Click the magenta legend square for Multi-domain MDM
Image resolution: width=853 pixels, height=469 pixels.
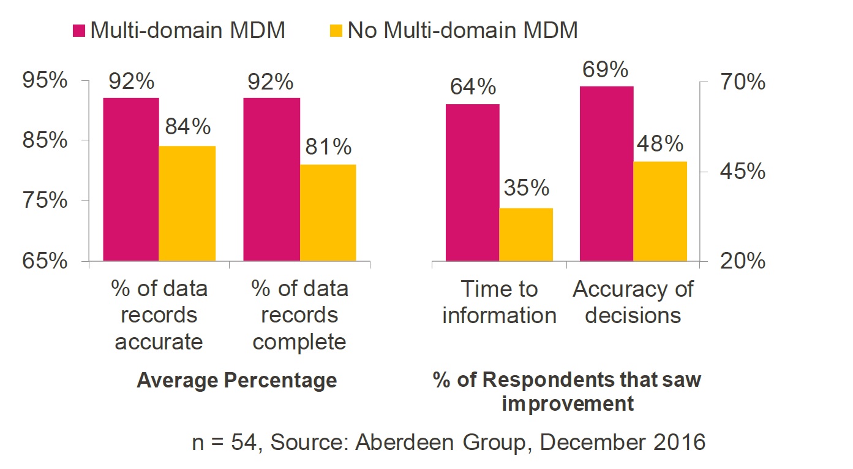80,30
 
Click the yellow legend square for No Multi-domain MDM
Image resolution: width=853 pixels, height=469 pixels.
338,30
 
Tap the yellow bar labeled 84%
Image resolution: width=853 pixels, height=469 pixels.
187,203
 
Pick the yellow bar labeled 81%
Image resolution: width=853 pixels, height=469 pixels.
328,212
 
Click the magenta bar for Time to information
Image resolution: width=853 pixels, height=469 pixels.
472,182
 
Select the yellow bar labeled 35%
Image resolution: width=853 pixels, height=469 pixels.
526,234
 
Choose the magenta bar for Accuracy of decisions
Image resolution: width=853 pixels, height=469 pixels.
606,173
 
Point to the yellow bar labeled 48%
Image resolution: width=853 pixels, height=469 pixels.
660,211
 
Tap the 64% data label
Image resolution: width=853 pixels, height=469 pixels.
473,87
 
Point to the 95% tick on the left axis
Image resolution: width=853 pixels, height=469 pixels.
44,81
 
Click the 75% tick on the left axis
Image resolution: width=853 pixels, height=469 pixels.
44,201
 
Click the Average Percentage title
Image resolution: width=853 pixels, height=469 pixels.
237,380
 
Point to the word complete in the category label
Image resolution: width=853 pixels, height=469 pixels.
299,341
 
